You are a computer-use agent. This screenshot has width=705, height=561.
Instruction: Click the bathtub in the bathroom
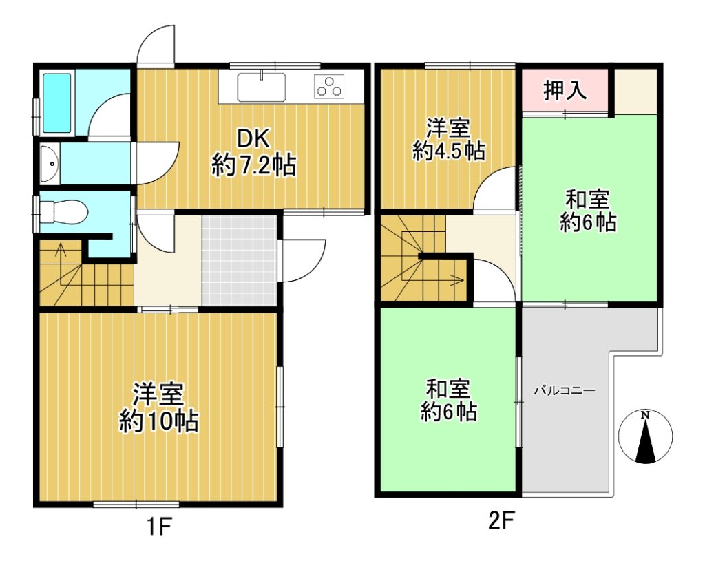(56, 103)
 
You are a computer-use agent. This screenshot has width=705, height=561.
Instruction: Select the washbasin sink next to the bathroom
(50, 164)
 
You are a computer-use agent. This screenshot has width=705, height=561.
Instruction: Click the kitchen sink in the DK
(261, 87)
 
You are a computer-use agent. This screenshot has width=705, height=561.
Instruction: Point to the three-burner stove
(330, 86)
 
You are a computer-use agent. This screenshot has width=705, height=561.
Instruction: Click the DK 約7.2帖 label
(253, 152)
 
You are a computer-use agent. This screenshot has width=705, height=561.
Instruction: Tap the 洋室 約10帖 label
(159, 407)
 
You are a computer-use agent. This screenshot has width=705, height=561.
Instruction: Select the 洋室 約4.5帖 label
(448, 139)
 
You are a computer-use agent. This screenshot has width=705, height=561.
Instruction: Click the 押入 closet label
(565, 90)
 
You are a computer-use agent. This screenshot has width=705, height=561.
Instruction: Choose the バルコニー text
(565, 390)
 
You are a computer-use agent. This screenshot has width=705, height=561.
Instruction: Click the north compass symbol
(646, 436)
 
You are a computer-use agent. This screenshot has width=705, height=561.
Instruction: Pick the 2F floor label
(501, 522)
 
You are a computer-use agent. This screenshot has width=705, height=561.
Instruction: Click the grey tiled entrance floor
(239, 261)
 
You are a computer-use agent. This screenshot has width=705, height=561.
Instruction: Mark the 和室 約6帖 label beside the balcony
(448, 400)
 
